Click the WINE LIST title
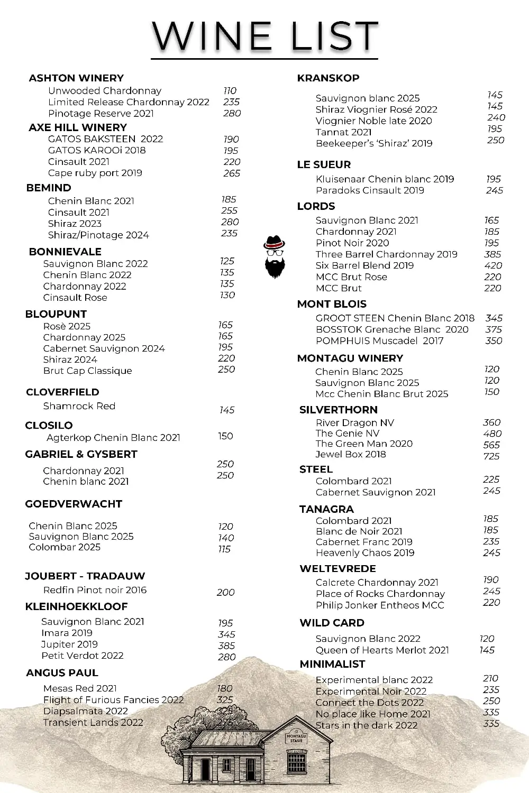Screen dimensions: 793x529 [264, 36]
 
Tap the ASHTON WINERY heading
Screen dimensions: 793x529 [76, 78]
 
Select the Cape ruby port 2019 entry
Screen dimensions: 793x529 [95, 173]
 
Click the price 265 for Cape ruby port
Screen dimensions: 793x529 [232, 173]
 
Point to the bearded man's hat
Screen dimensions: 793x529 [274, 243]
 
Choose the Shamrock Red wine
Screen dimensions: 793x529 [79, 406]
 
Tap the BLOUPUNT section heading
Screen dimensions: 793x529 [56, 314]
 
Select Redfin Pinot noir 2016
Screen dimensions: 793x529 [95, 590]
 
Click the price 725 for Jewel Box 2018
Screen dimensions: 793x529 [491, 456]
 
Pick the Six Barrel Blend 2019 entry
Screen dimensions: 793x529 [364, 265]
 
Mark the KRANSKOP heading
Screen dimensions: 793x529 [328, 78]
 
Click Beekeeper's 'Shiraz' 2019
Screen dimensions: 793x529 [374, 143]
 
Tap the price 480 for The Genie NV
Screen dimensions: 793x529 [492, 434]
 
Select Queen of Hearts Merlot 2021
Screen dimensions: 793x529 [382, 650]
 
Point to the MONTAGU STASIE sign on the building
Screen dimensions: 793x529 [296, 738]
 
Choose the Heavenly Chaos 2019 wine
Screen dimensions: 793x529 [365, 553]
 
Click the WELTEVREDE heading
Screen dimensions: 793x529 [338, 569]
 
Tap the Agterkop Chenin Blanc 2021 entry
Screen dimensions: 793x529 [113, 438]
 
